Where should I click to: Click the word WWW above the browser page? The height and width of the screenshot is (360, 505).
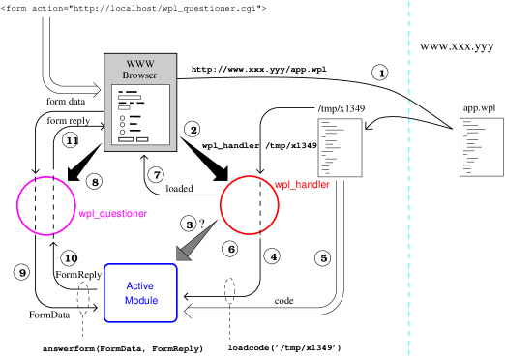[x=140, y=64]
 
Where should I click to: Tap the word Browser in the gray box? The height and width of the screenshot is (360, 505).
[x=139, y=75]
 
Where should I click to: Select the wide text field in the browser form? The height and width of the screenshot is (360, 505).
[x=129, y=97]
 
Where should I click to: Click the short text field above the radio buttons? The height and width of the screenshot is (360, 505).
[x=124, y=108]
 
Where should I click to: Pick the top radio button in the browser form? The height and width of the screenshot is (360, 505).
[x=122, y=117]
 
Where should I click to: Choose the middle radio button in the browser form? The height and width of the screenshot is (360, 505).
[x=122, y=124]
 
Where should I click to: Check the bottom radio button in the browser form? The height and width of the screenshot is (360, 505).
[x=122, y=131]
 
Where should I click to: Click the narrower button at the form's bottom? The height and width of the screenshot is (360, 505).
[x=142, y=139]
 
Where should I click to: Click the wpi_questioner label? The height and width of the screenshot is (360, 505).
[x=112, y=213]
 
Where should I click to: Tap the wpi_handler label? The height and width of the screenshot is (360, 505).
[x=302, y=184]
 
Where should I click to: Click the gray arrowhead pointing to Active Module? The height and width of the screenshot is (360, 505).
[x=184, y=253]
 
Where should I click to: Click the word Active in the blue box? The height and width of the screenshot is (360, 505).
[x=139, y=285]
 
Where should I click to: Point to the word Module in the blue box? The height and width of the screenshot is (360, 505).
[x=140, y=301]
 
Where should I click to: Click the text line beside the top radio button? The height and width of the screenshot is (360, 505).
[x=134, y=117]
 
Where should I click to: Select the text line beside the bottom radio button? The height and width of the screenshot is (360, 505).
[x=134, y=131]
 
